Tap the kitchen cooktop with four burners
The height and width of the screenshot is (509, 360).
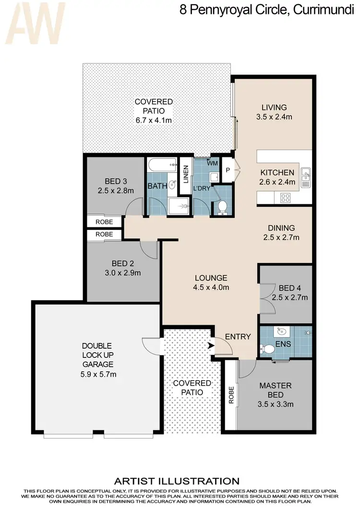click(284, 197)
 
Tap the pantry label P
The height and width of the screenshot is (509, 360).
click(228, 170)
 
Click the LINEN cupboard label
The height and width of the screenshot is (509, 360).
click(185, 175)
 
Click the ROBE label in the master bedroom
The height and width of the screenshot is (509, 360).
click(231, 395)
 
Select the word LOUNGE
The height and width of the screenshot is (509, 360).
click(211, 278)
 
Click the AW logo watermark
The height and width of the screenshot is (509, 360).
click(34, 22)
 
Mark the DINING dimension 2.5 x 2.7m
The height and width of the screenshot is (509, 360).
click(281, 237)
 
